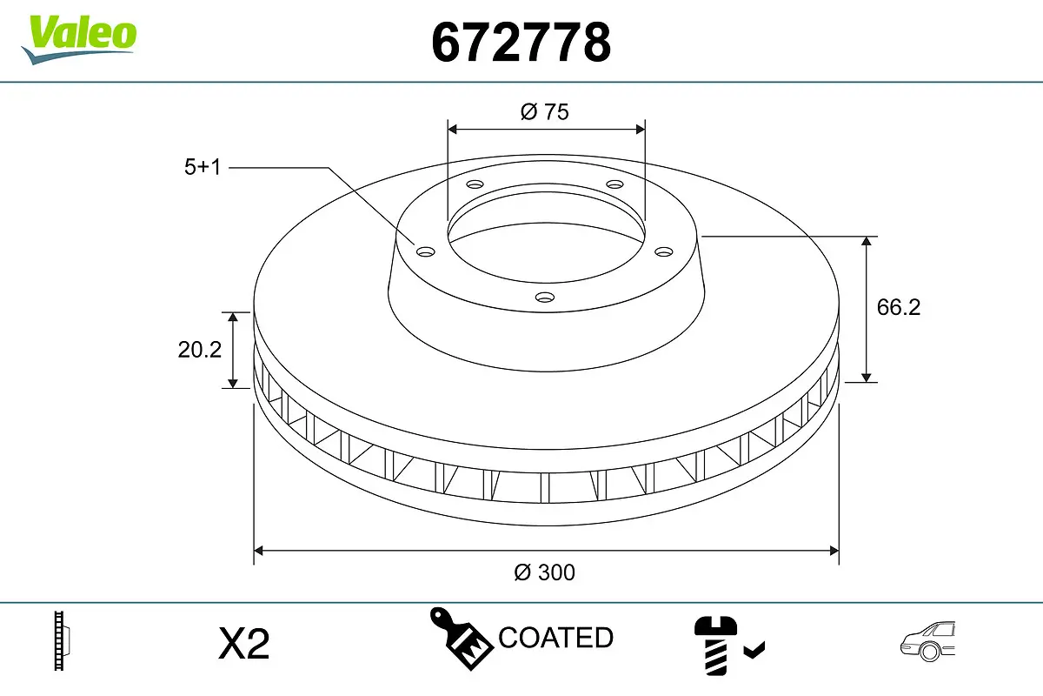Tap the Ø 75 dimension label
tap(545, 111)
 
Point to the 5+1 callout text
tap(203, 167)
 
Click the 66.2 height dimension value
tap(898, 307)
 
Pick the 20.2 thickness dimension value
tap(200, 350)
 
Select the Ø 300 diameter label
tap(545, 572)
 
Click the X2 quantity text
tap(244, 645)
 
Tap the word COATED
tap(556, 638)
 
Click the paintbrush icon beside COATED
tap(460, 638)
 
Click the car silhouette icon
tap(927, 642)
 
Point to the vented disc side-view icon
tap(61, 642)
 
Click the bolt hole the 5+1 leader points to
tap(425, 252)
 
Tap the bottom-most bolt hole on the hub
tap(545, 298)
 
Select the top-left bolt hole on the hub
tap(474, 184)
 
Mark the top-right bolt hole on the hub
tap(615, 184)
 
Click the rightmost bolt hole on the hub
tap(664, 251)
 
